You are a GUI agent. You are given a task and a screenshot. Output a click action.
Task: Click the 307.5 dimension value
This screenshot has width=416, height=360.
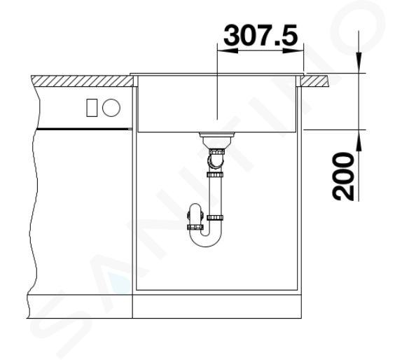click(261, 35)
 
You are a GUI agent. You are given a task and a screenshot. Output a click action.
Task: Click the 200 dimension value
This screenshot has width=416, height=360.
click(343, 176)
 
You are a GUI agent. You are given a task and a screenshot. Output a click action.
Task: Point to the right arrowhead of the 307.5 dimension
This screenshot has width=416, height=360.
click(293, 50)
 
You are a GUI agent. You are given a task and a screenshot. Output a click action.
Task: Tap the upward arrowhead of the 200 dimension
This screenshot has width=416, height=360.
click(359, 141)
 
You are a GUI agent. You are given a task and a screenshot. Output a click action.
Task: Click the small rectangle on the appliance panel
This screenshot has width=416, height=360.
click(92, 108)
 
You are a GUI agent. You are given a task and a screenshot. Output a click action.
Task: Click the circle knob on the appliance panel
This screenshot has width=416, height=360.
click(111, 108)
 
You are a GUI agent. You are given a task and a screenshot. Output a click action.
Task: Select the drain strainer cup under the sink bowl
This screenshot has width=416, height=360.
click(217, 140)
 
